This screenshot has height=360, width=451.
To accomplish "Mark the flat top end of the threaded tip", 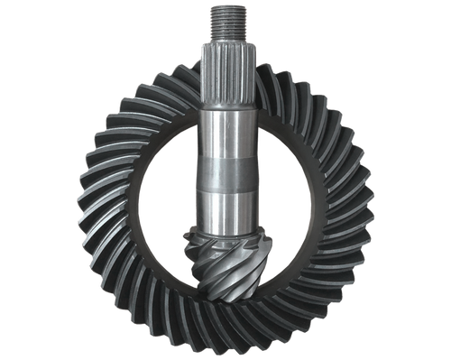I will tap(224, 5).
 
